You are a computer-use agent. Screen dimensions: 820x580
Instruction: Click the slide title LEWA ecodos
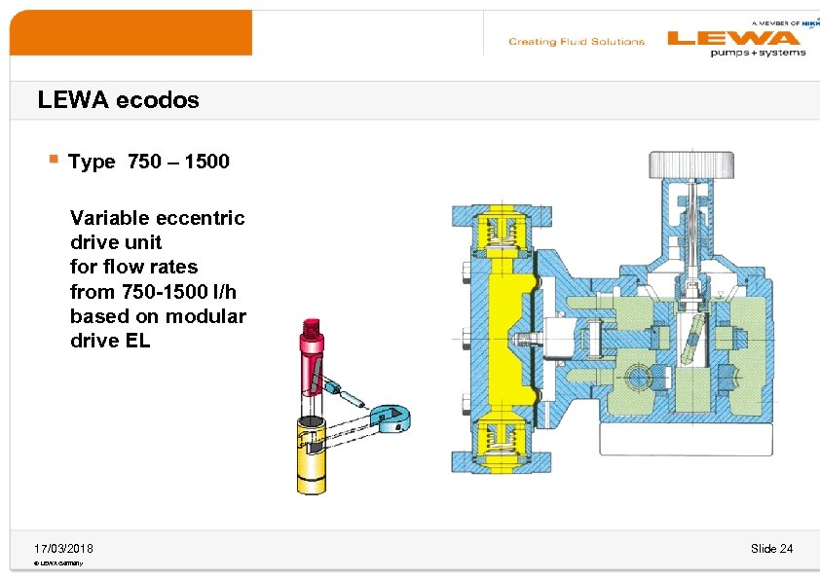[118, 99]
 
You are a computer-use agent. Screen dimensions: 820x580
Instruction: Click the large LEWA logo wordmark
[732, 38]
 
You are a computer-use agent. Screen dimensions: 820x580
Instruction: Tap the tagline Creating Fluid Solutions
[577, 42]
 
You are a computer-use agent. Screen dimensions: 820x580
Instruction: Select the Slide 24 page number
[771, 549]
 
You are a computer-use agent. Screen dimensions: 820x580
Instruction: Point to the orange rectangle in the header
[130, 32]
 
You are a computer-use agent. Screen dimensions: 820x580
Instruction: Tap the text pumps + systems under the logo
[758, 53]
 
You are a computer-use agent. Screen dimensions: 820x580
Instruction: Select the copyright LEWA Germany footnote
[57, 563]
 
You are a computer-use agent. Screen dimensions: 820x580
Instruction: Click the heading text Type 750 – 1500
[149, 162]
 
